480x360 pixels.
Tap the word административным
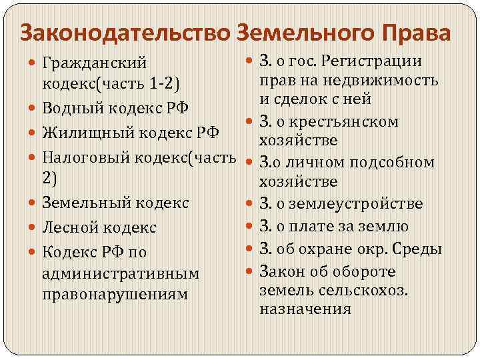tap(120, 273)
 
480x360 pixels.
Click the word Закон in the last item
tap(282, 271)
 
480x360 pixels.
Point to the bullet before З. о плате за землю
tap(249, 227)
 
